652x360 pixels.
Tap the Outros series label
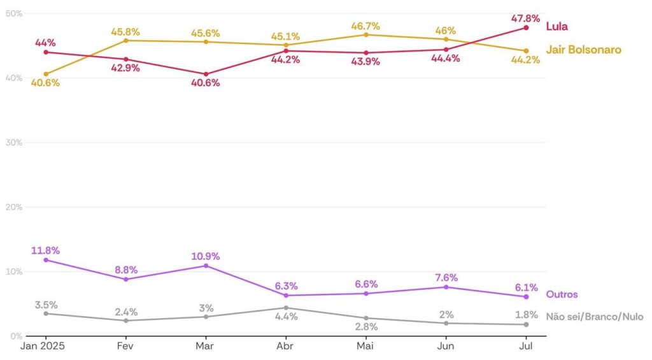(x=562, y=294)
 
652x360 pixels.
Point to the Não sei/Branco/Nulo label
(x=595, y=317)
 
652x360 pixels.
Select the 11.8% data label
(x=45, y=250)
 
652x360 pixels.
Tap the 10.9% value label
(x=206, y=256)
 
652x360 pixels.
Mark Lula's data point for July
(x=526, y=27)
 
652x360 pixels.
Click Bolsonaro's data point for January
(x=46, y=74)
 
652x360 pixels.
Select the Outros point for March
(x=206, y=265)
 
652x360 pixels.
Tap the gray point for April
(x=286, y=308)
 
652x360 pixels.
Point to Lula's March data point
(x=206, y=74)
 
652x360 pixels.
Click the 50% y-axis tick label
(x=15, y=13)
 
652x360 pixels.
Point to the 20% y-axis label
(x=15, y=207)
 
